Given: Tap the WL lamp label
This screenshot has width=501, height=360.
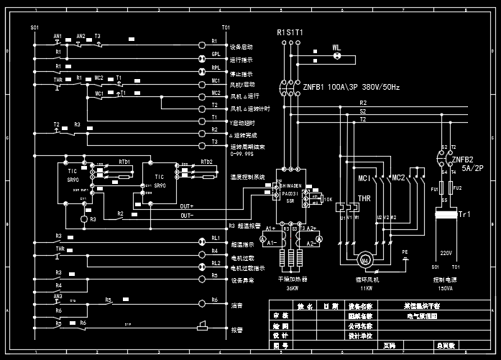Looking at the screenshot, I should point(336,48).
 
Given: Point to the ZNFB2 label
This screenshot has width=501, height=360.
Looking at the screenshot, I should point(461,160).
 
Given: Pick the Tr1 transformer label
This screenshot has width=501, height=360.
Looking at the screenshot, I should point(464,214).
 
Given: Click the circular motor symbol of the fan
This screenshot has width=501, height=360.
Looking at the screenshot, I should point(364,259).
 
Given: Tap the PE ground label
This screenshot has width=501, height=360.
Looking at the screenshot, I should point(404,251).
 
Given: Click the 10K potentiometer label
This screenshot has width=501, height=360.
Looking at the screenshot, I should point(328,199).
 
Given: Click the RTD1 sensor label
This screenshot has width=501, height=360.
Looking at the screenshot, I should point(124,162).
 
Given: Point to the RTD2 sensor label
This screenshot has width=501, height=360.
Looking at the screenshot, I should point(206,162).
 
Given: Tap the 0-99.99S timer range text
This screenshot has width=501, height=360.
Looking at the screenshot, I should point(241,153).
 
